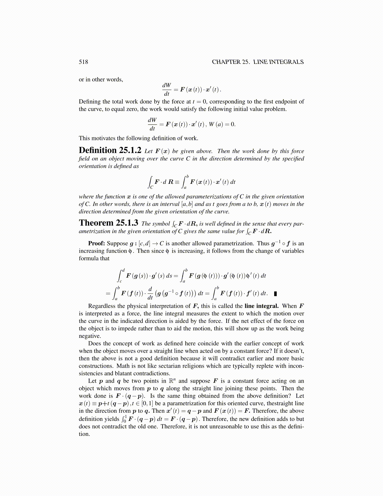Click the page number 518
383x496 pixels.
(x=83, y=62)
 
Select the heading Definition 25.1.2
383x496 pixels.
(x=110, y=151)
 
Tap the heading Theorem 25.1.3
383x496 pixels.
(x=108, y=223)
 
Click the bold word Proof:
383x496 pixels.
(x=96, y=243)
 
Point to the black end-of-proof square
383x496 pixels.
(x=275, y=294)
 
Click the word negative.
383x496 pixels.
(x=89, y=336)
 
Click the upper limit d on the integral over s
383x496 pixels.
(x=123, y=270)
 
